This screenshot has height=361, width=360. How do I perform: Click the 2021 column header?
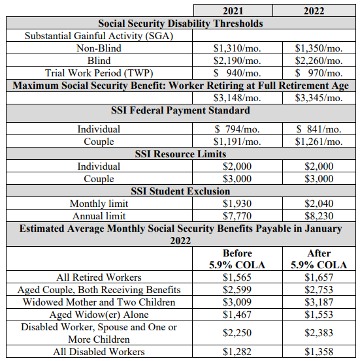(x=233, y=11)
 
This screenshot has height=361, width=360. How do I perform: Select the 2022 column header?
(x=314, y=11)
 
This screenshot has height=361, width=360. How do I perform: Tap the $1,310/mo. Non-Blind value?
(x=237, y=48)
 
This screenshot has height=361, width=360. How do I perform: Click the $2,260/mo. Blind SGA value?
(x=319, y=61)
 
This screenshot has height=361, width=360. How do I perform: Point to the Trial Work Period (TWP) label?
(x=99, y=73)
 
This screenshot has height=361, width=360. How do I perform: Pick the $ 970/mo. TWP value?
(x=319, y=73)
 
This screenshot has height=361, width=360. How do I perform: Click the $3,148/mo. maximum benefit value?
(x=237, y=98)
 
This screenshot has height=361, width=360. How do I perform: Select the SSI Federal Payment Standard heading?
(x=180, y=110)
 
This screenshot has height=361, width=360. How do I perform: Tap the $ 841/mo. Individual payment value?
(x=319, y=129)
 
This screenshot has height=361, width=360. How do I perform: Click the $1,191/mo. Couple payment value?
(x=237, y=142)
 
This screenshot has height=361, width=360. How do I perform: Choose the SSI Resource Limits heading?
(x=180, y=154)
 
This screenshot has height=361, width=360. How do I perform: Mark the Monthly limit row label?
(x=99, y=204)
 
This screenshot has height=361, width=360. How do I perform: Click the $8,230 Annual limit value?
(x=319, y=216)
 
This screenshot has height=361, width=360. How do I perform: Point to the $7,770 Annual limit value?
(x=237, y=216)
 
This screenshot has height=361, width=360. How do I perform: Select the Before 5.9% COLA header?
(x=237, y=259)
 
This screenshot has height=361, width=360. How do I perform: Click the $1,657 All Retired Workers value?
(x=319, y=277)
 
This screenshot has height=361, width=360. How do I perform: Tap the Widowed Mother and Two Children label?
(x=99, y=302)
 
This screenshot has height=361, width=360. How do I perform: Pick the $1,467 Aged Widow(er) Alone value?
(x=237, y=315)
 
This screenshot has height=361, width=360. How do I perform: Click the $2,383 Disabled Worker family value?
(x=319, y=333)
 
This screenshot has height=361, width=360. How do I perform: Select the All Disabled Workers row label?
(x=99, y=352)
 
